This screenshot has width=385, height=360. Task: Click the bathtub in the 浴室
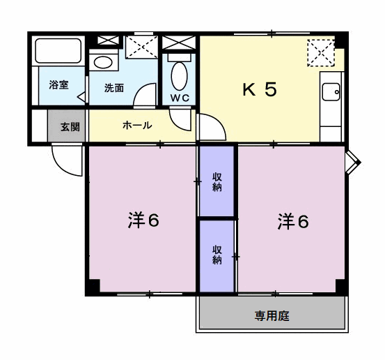[x=58, y=50]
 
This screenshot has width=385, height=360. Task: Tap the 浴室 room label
[x=58, y=85]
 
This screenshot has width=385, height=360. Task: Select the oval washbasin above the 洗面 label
[x=103, y=62]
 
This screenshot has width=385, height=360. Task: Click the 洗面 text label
[x=114, y=88]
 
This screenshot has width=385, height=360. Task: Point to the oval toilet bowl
[x=179, y=76]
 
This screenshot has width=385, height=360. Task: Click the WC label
[x=180, y=98]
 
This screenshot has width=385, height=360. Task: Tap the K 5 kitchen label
[x=260, y=89]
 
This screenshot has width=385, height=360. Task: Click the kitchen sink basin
[x=331, y=92]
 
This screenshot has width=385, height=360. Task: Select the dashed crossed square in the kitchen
[x=321, y=52]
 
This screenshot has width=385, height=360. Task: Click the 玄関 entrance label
[x=70, y=127]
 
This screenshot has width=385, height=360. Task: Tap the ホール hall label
[x=137, y=126]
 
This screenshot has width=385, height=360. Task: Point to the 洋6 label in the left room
[x=143, y=220]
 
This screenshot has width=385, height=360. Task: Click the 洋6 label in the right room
[x=293, y=221]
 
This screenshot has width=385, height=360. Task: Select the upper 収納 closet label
[x=217, y=182]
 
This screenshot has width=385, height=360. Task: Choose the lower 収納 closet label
[x=217, y=255]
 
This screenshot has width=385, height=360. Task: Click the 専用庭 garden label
[x=272, y=316]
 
